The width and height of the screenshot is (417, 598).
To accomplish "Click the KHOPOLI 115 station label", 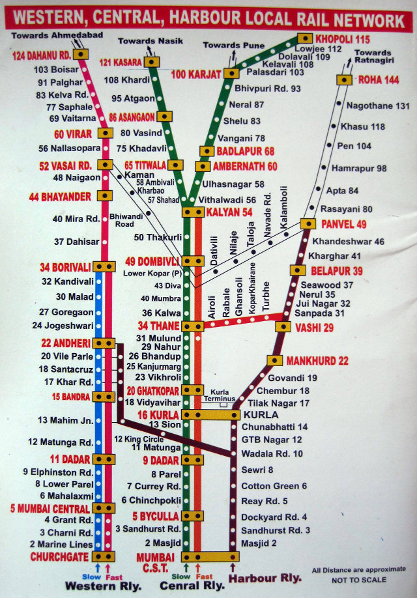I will (342, 38).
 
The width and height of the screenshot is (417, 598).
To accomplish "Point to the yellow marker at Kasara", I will (152, 62).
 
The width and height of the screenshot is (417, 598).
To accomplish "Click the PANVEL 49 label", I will (343, 225).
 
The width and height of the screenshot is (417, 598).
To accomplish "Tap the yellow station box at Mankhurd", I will (274, 360).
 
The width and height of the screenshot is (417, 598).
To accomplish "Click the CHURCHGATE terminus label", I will (59, 557).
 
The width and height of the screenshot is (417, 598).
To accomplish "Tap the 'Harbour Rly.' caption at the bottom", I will (266, 578).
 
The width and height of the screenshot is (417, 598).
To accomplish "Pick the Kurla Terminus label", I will (224, 394).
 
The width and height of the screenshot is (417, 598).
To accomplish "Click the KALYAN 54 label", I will (229, 212).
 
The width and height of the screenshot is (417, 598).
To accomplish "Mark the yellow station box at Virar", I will (105, 133).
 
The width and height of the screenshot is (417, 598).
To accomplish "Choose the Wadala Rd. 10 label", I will (272, 453).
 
